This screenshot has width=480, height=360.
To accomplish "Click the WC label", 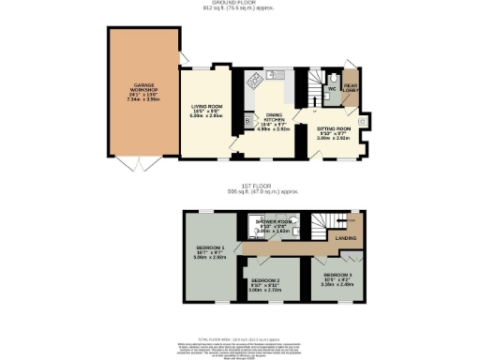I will click(332, 89).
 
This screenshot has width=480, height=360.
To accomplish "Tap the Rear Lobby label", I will click(352, 90).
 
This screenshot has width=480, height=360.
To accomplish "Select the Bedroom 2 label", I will click(266, 284).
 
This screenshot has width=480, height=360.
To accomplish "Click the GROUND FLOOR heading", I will click(240, 4).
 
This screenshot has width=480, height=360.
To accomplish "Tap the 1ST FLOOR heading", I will click(240, 190).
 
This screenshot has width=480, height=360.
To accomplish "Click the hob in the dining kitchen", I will click(254, 82).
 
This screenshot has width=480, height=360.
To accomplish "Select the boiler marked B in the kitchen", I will click(247, 121).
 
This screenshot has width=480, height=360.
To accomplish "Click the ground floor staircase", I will click(307, 89).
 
